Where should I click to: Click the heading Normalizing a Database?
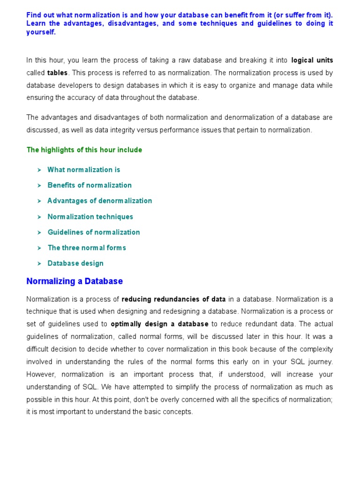pyautogui.click(x=75, y=281)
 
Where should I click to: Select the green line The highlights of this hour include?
pyautogui.click(x=84, y=150)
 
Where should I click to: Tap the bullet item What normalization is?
pyautogui.click(x=83, y=170)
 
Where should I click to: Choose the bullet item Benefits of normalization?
pyautogui.click(x=90, y=185)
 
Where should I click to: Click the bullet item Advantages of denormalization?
pyautogui.click(x=99, y=201)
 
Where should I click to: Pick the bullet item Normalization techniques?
pyautogui.click(x=90, y=217)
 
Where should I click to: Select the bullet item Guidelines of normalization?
pyautogui.click(x=93, y=232)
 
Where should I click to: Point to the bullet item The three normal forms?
pyautogui.click(x=87, y=247)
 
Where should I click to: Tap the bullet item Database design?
pyautogui.click(x=75, y=263)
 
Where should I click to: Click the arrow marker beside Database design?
pyautogui.click(x=39, y=263)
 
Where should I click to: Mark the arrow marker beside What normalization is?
pyautogui.click(x=39, y=170)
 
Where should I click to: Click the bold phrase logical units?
pyautogui.click(x=312, y=60)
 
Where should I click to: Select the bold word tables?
pyautogui.click(x=58, y=73)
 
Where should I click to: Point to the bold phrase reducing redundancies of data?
pyautogui.click(x=174, y=299)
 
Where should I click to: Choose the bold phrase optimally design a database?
pyautogui.click(x=159, y=324)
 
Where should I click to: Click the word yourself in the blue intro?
pyautogui.click(x=41, y=32)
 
